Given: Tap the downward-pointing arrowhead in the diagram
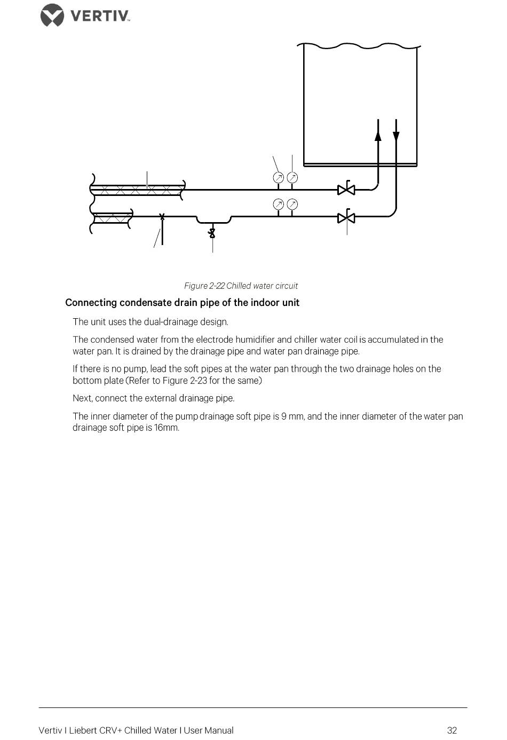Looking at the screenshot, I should click(396, 136).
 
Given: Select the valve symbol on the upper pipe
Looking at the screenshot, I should click(346, 189).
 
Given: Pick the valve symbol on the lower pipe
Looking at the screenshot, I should click(346, 217).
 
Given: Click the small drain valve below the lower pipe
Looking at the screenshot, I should click(212, 233).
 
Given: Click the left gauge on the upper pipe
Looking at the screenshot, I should click(278, 177).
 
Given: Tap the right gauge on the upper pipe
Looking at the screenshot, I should click(292, 177).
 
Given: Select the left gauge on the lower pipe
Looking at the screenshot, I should click(278, 204).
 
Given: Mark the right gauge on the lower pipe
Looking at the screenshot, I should click(292, 204).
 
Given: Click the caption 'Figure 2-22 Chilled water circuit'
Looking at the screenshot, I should click(241, 286).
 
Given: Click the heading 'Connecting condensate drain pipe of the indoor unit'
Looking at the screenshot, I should click(182, 303).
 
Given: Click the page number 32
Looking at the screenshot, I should click(452, 730).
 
